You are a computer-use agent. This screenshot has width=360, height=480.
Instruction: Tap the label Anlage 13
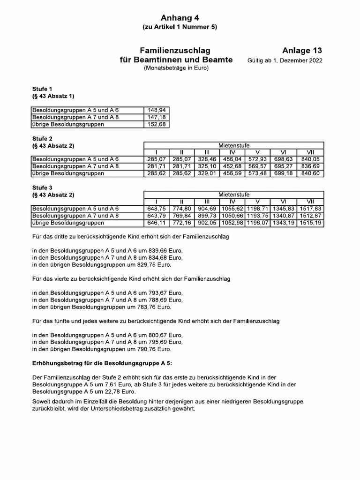click(302, 51)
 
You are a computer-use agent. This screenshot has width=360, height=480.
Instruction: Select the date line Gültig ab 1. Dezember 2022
click(285, 61)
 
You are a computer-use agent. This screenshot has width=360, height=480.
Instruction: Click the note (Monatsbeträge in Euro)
click(176, 68)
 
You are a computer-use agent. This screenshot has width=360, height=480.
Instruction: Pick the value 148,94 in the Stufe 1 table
click(156, 110)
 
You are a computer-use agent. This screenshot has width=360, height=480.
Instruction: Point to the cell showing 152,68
click(156, 124)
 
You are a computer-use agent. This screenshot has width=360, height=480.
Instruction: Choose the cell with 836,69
click(310, 166)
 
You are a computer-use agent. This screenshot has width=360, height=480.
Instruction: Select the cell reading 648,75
click(155, 209)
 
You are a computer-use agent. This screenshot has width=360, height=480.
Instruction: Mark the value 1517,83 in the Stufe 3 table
click(310, 209)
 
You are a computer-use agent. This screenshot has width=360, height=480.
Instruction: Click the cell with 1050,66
click(232, 216)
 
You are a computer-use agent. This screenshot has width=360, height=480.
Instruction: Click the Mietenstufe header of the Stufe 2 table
click(233, 146)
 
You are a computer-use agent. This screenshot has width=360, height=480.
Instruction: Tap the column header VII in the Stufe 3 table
click(310, 202)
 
